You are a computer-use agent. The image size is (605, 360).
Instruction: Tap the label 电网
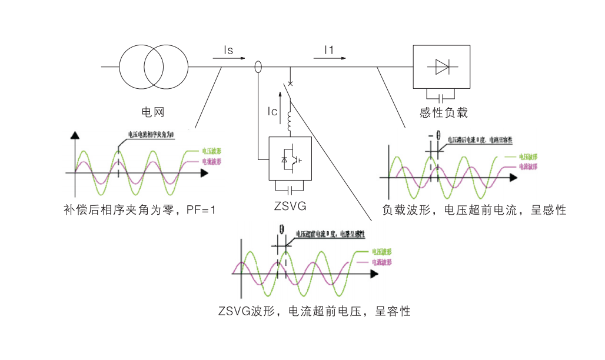(152, 111)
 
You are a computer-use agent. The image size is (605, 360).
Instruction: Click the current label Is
(228, 51)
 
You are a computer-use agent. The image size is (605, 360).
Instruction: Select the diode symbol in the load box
(443, 66)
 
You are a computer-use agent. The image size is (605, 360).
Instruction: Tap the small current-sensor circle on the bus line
(258, 67)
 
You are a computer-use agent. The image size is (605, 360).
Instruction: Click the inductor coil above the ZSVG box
(290, 122)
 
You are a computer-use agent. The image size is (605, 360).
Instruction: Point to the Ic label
(272, 111)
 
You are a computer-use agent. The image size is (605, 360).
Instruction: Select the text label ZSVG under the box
(291, 206)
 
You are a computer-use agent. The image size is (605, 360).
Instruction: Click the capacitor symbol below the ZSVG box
(290, 189)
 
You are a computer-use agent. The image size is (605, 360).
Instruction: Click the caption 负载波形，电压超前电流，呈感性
(474, 209)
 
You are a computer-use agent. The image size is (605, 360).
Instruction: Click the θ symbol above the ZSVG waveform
(282, 229)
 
